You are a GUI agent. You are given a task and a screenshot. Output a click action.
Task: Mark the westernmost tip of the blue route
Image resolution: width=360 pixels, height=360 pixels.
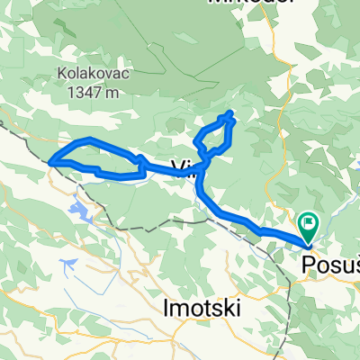49,161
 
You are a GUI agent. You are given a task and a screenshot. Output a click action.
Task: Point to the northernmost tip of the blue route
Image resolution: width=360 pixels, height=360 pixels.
232,112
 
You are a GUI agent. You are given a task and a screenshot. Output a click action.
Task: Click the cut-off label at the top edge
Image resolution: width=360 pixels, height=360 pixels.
251,3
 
